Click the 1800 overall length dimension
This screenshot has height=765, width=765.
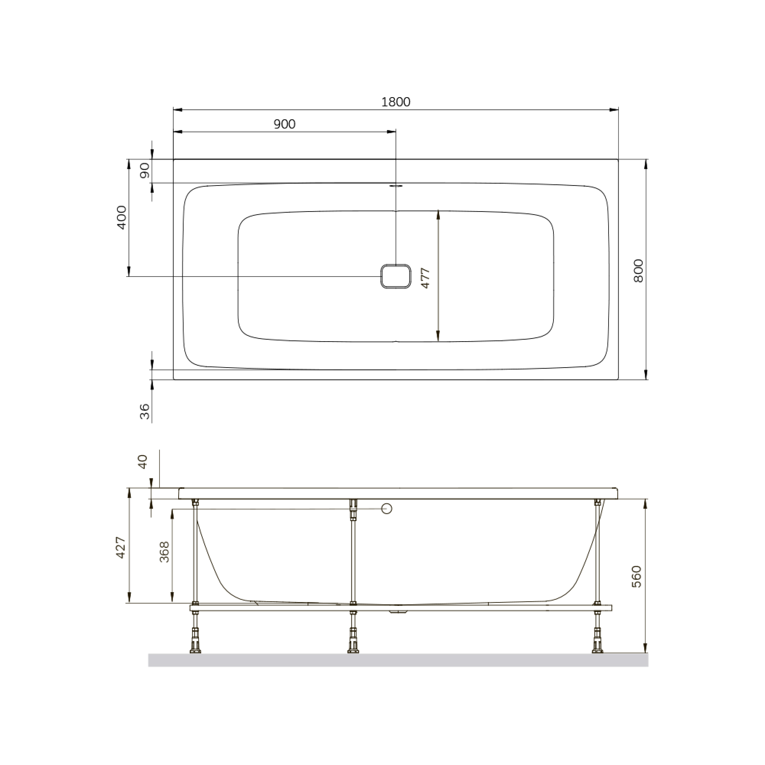pyautogui.click(x=396, y=102)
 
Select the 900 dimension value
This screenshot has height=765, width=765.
pyautogui.click(x=284, y=124)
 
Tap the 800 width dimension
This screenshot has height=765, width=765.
pyautogui.click(x=638, y=270)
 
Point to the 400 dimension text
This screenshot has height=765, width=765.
pyautogui.click(x=122, y=217)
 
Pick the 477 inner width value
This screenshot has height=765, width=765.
pyautogui.click(x=425, y=278)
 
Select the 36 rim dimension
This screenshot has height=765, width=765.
pyautogui.click(x=145, y=412)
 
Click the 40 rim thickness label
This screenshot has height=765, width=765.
pyautogui.click(x=142, y=462)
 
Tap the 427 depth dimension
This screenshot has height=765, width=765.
pyautogui.click(x=121, y=548)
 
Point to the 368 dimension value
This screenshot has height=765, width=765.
pyautogui.click(x=164, y=552)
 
